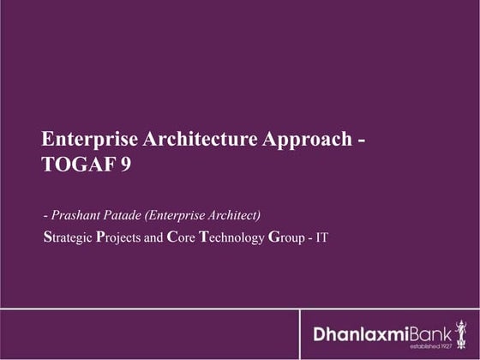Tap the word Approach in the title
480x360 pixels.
300,140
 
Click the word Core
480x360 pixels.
177,236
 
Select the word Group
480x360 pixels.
288,236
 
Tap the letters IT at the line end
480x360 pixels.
322,236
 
